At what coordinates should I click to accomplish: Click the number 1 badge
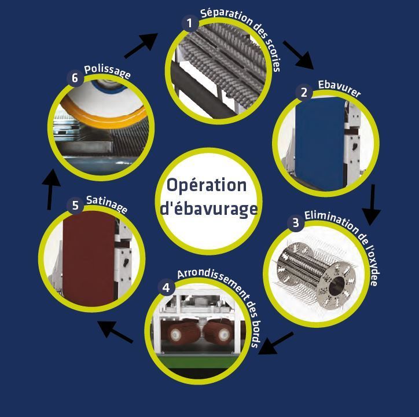(x=188, y=23)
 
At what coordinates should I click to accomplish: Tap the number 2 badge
(x=303, y=92)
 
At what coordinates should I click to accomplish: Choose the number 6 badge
(x=75, y=79)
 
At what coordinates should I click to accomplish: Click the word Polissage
(x=107, y=71)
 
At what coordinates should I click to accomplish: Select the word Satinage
(x=106, y=203)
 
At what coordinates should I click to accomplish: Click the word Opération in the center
(x=207, y=185)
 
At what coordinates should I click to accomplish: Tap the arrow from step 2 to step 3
(x=371, y=204)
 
